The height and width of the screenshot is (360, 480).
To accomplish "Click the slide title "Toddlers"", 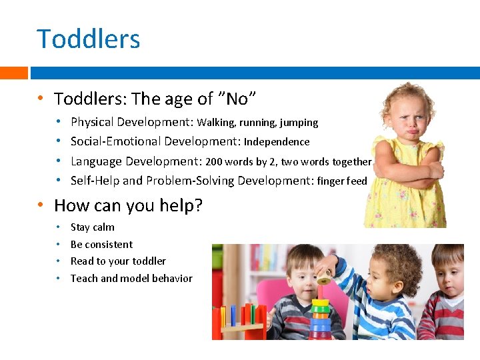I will [x=89, y=39].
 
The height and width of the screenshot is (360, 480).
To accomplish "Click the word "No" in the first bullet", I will [x=237, y=99].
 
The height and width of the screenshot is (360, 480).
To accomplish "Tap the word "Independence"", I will [x=277, y=142].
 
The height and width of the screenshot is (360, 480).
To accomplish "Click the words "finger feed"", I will [x=342, y=181].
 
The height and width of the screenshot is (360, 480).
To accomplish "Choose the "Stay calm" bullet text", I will [x=92, y=227].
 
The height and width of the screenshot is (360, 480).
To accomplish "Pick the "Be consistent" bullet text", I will [x=101, y=245].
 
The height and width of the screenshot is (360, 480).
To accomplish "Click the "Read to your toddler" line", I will [x=118, y=261].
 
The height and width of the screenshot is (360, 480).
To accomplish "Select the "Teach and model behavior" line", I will [x=131, y=279].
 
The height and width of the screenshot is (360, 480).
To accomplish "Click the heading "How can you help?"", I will [x=128, y=205].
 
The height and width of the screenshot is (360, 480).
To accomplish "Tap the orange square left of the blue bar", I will [x=13, y=73].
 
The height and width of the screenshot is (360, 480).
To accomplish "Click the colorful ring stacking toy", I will [x=321, y=313].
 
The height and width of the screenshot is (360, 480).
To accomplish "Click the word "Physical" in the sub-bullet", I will [x=92, y=123].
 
